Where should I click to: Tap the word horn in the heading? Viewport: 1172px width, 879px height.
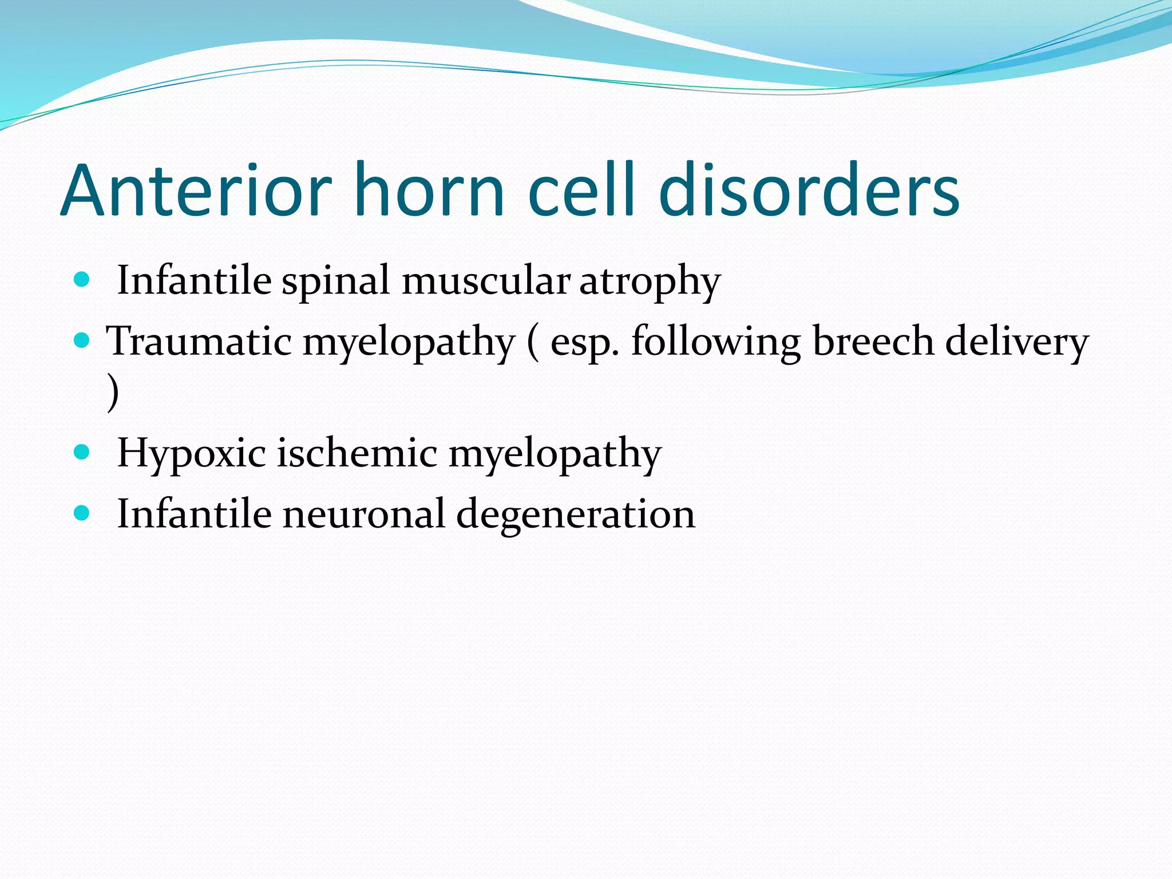pos(429,190)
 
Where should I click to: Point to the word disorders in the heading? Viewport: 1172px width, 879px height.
pos(809,190)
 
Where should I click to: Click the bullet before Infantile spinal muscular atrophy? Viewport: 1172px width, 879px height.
pos(82,280)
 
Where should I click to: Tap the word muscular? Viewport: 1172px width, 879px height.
pos(485,282)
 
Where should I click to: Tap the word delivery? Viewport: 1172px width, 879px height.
pos(1016,342)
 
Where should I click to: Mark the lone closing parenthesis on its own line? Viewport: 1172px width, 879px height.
pos(113,393)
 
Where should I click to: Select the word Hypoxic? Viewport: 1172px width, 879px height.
pos(191,454)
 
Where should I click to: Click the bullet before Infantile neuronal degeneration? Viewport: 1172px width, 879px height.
pos(82,513)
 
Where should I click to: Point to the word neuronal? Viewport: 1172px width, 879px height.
pos(363,514)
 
